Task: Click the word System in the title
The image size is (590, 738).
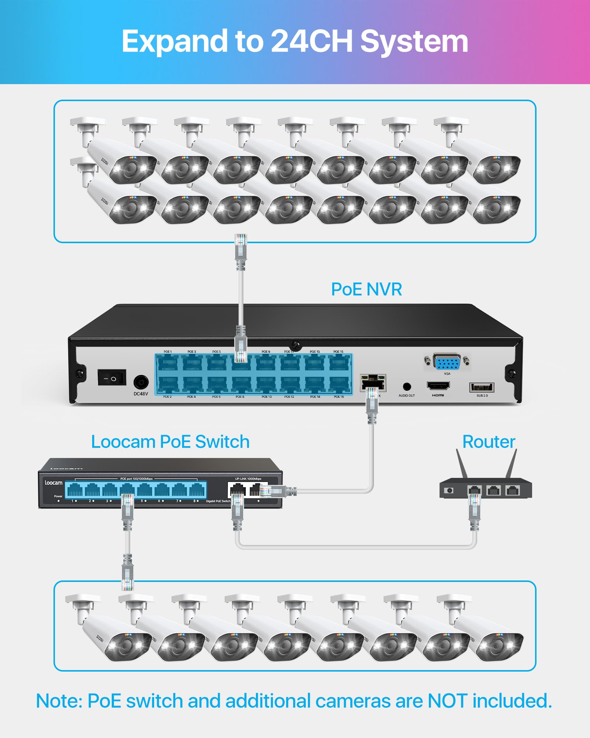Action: (x=414, y=41)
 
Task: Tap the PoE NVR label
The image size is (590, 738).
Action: (x=366, y=289)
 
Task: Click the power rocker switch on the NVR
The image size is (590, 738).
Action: (x=112, y=377)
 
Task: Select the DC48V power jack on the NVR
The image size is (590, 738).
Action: (x=140, y=382)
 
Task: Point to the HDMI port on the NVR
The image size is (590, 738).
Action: (x=438, y=386)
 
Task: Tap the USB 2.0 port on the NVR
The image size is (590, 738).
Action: (x=481, y=387)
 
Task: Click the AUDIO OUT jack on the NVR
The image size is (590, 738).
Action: (x=407, y=387)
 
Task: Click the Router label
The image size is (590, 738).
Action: (x=489, y=442)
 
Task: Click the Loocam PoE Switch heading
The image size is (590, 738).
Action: (x=170, y=442)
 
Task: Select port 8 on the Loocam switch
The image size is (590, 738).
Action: (x=197, y=490)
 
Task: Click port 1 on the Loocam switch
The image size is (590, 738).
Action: (x=75, y=490)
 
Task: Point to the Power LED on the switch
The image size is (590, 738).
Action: (x=59, y=501)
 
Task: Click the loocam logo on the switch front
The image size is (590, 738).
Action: (x=53, y=483)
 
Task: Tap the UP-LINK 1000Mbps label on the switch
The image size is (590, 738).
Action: (x=248, y=479)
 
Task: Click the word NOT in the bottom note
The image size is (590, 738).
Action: (x=448, y=701)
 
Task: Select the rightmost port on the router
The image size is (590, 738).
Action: (x=512, y=490)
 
